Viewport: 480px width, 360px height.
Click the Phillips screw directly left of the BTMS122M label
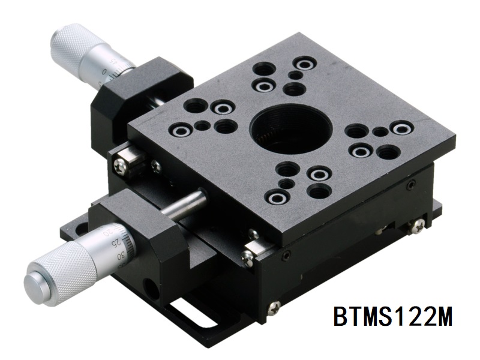pyautogui.click(x=274, y=307)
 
